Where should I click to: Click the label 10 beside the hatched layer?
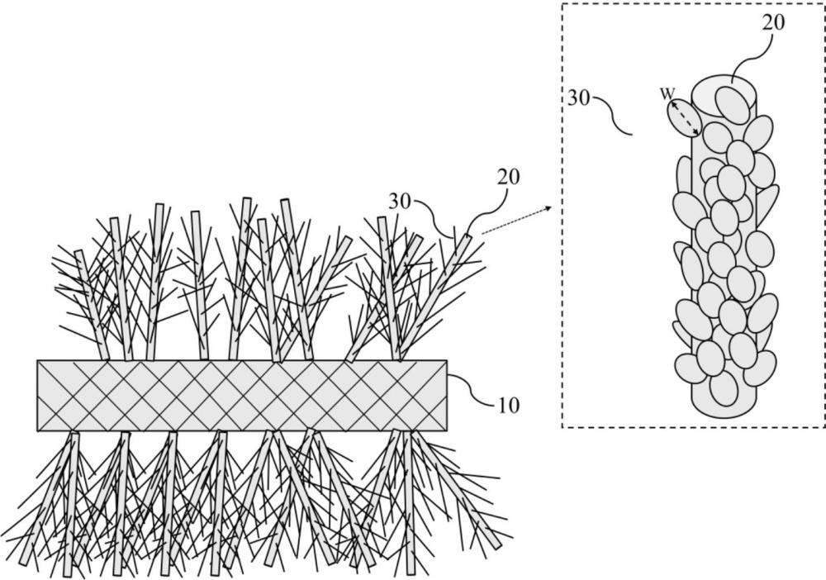click(x=507, y=405)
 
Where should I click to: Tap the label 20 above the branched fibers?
click(x=508, y=177)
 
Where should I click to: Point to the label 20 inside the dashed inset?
click(x=773, y=22)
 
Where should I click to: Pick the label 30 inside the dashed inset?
click(x=579, y=97)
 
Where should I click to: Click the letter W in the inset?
click(x=667, y=94)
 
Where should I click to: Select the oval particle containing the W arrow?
click(x=684, y=118)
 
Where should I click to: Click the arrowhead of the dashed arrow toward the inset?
click(x=548, y=207)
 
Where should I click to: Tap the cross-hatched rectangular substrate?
click(x=242, y=396)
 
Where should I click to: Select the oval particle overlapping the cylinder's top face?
click(x=733, y=104)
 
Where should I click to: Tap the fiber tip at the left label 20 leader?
click(x=467, y=237)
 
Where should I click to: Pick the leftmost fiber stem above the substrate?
click(x=93, y=305)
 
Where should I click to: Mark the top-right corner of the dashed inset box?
click(x=824, y=3)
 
